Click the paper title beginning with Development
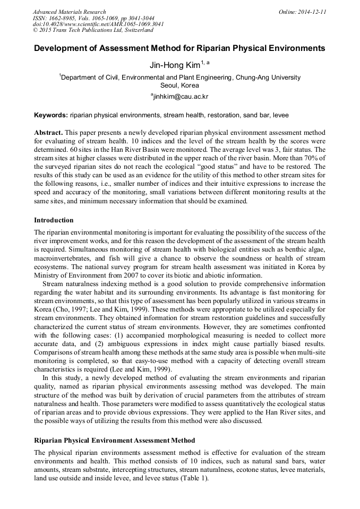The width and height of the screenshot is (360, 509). coord(179,48)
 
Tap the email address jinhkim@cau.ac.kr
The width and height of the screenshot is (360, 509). coord(181,96)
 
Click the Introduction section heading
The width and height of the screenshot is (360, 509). coord(54,220)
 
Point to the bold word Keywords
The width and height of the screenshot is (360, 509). coord(50,115)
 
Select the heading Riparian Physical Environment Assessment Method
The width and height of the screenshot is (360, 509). coord(114,441)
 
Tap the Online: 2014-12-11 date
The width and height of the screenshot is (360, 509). coord(302,12)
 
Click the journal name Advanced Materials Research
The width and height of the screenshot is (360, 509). coord(69,12)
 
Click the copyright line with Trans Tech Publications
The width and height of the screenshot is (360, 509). coord(93,30)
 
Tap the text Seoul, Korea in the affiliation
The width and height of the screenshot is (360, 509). coord(179,85)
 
